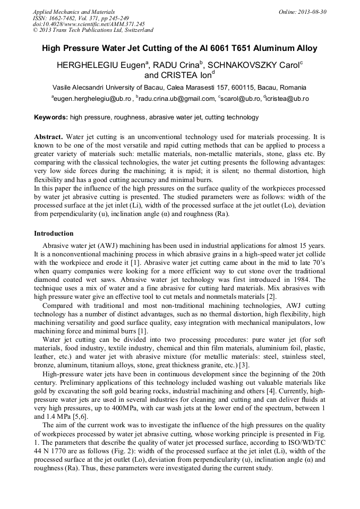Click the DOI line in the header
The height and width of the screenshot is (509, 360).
[x=89, y=24]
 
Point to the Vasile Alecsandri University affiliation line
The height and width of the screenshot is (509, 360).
[x=179, y=87]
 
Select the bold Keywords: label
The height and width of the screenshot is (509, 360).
[x=51, y=117]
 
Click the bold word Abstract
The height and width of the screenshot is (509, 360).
[x=48, y=136]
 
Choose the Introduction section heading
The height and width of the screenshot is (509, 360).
[x=54, y=234]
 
